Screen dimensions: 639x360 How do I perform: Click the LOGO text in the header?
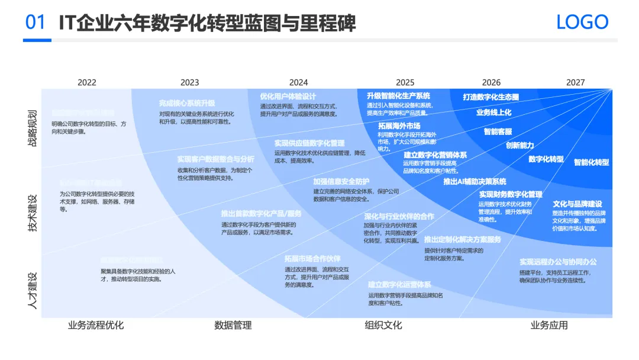tap(582, 22)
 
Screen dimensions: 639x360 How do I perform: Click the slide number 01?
tap(36, 22)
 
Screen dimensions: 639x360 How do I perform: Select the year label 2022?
tap(86, 82)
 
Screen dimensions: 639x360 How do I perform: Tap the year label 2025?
tap(405, 82)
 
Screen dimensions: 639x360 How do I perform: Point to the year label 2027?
tap(575, 82)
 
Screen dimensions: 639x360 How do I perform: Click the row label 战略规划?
tap(33, 127)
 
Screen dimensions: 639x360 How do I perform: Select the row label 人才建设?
tap(33, 290)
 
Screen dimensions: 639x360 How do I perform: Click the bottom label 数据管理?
tap(233, 325)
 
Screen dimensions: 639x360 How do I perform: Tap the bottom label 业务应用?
tap(548, 325)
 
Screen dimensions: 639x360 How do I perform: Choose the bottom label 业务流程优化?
tap(96, 325)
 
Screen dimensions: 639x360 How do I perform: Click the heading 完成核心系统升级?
tap(187, 103)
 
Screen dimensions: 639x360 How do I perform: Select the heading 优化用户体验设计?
tap(288, 97)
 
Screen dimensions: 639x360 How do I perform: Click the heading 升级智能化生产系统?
tap(398, 96)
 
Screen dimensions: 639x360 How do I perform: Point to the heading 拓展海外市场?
tap(399, 126)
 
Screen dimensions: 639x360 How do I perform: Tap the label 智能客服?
tap(498, 131)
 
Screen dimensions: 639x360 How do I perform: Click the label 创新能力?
tap(519, 145)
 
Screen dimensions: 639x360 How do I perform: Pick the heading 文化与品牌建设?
tap(577, 204)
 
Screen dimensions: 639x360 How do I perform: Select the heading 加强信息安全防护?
tap(341, 181)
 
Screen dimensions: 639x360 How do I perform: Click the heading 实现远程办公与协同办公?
tap(558, 262)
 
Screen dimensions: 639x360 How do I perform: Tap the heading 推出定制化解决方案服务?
tap(463, 240)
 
